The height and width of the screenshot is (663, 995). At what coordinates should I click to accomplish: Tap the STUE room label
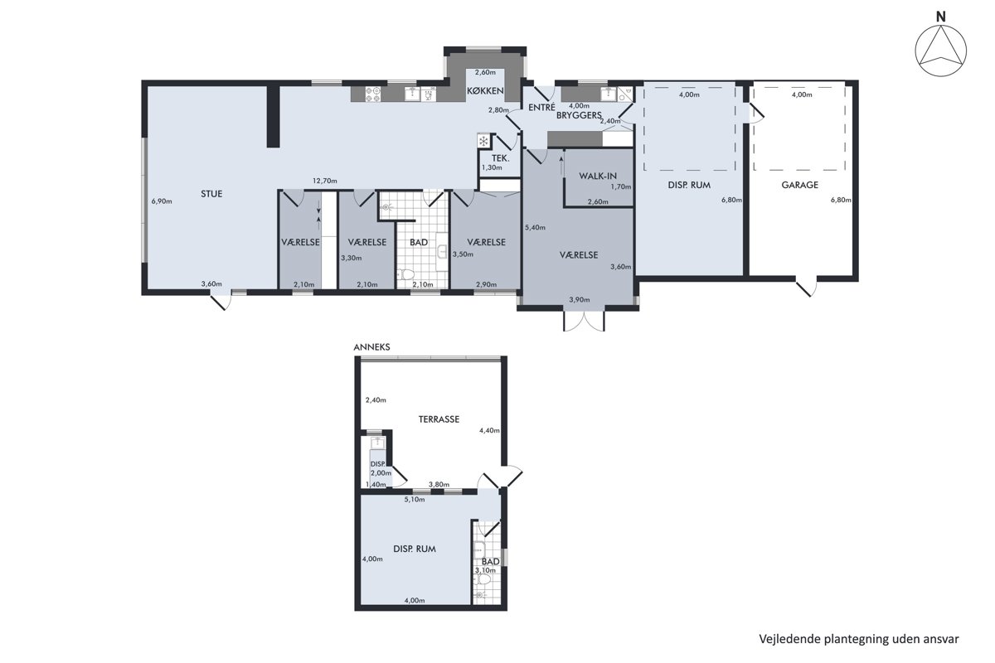211,194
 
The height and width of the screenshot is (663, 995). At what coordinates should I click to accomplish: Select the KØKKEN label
485,91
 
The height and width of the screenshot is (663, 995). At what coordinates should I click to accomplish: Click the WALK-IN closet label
598,176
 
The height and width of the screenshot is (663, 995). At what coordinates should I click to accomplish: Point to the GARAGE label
799,185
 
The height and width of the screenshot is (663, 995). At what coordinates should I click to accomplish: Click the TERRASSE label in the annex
439,419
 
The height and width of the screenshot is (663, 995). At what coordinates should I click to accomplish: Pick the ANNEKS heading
371,347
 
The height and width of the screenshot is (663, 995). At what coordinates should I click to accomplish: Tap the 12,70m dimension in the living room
325,181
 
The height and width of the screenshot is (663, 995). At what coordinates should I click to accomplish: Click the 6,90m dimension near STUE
162,201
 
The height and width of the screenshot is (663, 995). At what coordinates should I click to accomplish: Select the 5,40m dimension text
535,227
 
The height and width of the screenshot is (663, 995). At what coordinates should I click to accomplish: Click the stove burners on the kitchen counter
372,94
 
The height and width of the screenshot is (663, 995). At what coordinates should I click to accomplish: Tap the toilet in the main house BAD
405,274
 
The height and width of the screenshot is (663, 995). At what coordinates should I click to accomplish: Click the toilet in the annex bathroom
483,579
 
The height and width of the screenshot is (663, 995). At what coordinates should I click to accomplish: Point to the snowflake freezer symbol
483,141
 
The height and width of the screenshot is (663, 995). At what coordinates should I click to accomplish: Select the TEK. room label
500,158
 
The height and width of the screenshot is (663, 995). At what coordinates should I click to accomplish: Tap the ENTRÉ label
541,107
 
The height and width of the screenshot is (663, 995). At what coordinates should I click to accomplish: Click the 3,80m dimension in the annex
439,484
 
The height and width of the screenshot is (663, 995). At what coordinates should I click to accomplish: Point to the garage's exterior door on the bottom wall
806,287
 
